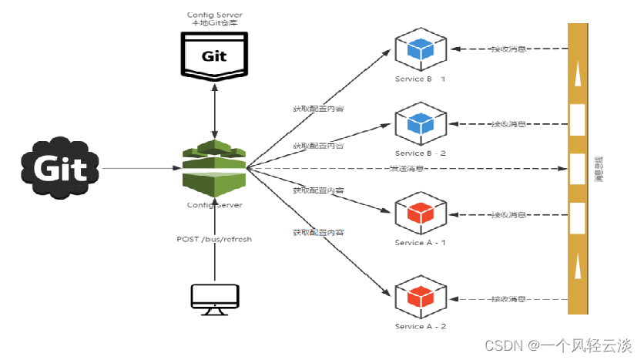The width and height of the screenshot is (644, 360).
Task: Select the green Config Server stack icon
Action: pyautogui.click(x=214, y=167)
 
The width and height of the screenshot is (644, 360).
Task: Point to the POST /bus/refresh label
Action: pyautogui.click(x=214, y=239)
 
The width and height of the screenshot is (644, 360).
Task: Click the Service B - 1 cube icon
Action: pyautogui.click(x=419, y=50)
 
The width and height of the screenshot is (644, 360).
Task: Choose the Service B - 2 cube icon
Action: pyautogui.click(x=419, y=123)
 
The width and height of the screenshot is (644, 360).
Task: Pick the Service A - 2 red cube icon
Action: pyautogui.click(x=419, y=298)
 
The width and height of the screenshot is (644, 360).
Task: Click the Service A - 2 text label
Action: pyautogui.click(x=420, y=327)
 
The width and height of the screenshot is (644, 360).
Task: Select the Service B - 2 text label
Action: pyautogui.click(x=420, y=153)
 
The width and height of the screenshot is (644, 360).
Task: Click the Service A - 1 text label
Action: pyautogui.click(x=420, y=243)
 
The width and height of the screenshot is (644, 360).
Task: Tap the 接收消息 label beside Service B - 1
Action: pyautogui.click(x=508, y=49)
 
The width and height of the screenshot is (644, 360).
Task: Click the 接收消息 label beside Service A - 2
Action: pyautogui.click(x=508, y=299)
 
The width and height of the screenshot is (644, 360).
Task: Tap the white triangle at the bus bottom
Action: pyautogui.click(x=576, y=269)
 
